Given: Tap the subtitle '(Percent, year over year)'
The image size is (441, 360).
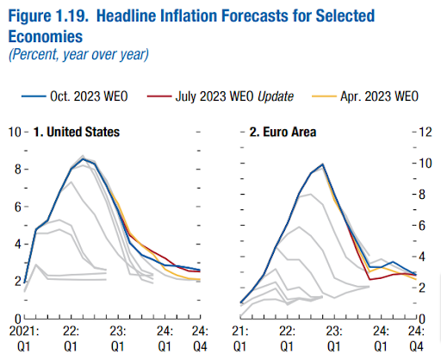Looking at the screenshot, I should pyautogui.click(x=78, y=53).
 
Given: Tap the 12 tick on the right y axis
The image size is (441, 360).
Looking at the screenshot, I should pyautogui.click(x=425, y=133).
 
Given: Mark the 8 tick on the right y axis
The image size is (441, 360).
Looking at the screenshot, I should pyautogui.click(x=422, y=195).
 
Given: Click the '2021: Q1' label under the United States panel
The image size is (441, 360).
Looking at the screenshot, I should pyautogui.click(x=25, y=337).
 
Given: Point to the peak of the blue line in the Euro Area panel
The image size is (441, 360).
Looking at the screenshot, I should pyautogui.click(x=322, y=164).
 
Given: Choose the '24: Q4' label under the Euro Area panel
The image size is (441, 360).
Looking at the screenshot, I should pyautogui.click(x=415, y=337).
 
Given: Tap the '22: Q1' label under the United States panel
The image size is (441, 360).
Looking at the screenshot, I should pyautogui.click(x=71, y=337).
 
